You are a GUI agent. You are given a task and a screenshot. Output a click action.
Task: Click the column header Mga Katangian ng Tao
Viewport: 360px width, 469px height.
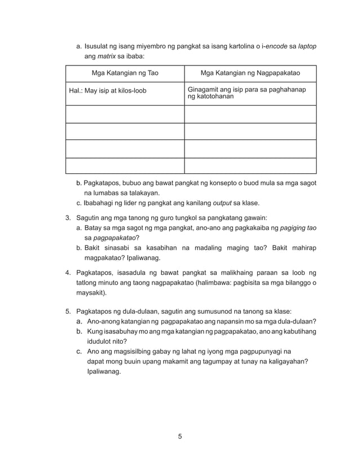(x=125, y=73)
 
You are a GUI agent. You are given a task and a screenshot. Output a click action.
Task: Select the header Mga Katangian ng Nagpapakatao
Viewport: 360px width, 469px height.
(x=250, y=73)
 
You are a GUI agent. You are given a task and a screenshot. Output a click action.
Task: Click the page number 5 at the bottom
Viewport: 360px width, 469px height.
(x=179, y=436)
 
